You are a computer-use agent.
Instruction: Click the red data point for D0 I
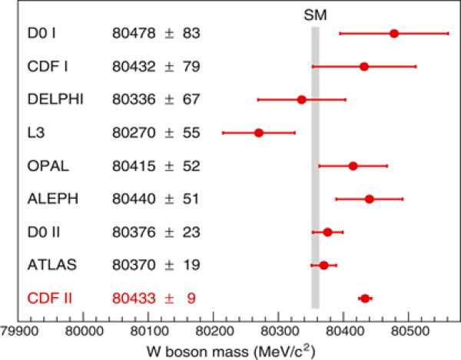point(394,34)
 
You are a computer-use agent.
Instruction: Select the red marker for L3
point(259,133)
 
